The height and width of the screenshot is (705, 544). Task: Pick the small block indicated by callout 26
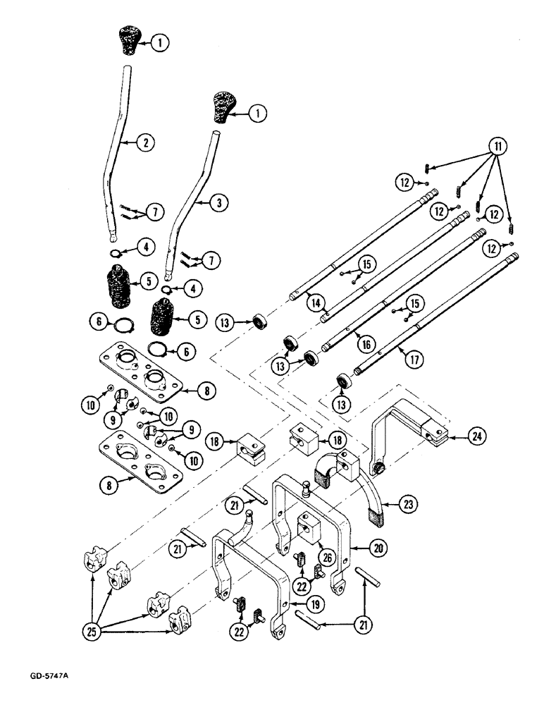(307, 525)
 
